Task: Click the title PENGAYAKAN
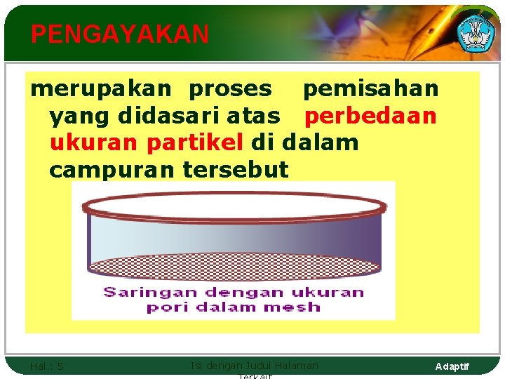click(x=120, y=34)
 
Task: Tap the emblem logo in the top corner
click(x=476, y=32)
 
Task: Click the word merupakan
click(x=100, y=89)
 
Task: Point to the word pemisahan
click(x=370, y=89)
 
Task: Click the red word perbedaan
click(x=370, y=116)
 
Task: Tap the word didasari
click(x=161, y=116)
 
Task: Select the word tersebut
click(x=235, y=169)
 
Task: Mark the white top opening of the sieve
click(x=234, y=206)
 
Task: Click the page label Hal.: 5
click(x=47, y=366)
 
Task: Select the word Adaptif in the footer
click(x=452, y=366)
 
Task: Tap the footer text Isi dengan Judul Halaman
click(x=254, y=366)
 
